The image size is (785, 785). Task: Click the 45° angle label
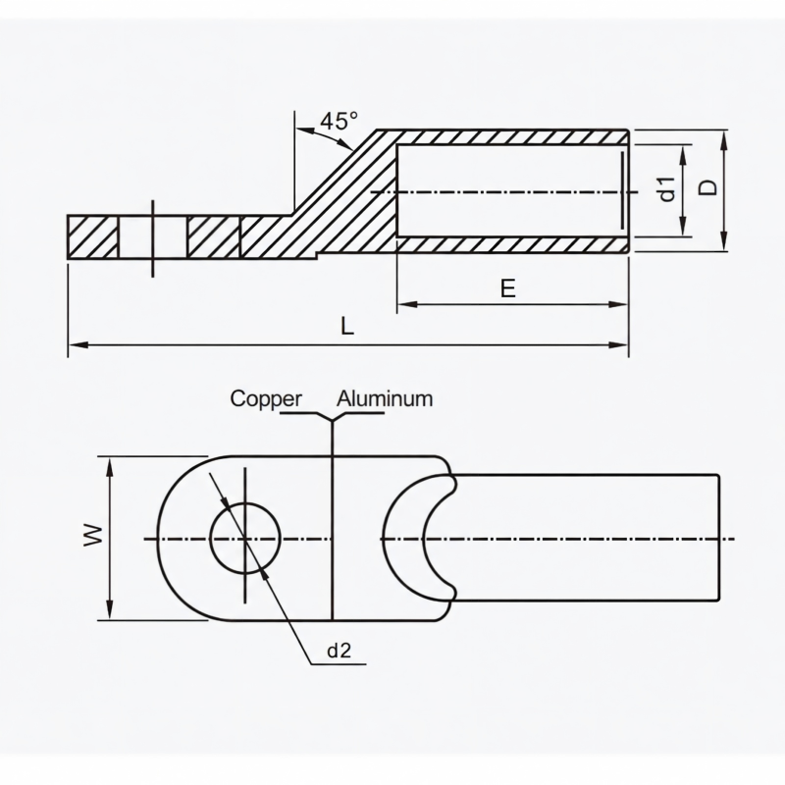pyautogui.click(x=339, y=121)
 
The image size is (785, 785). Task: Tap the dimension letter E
pyautogui.click(x=507, y=288)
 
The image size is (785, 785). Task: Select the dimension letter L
pyautogui.click(x=347, y=327)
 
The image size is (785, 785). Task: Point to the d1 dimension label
pyautogui.click(x=668, y=189)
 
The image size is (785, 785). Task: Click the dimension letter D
pyautogui.click(x=707, y=187)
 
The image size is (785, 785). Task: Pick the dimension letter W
pyautogui.click(x=93, y=535)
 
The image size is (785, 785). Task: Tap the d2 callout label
pyautogui.click(x=339, y=651)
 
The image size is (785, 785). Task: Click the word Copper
pyautogui.click(x=266, y=399)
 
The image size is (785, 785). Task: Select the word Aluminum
pyautogui.click(x=385, y=399)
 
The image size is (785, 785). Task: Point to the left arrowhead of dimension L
pyautogui.click(x=78, y=345)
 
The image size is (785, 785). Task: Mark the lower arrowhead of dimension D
pyautogui.click(x=723, y=240)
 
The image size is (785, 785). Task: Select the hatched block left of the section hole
pyautogui.click(x=92, y=237)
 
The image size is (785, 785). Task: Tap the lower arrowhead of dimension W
pyautogui.click(x=110, y=609)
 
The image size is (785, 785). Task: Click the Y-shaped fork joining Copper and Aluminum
pyautogui.click(x=332, y=416)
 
